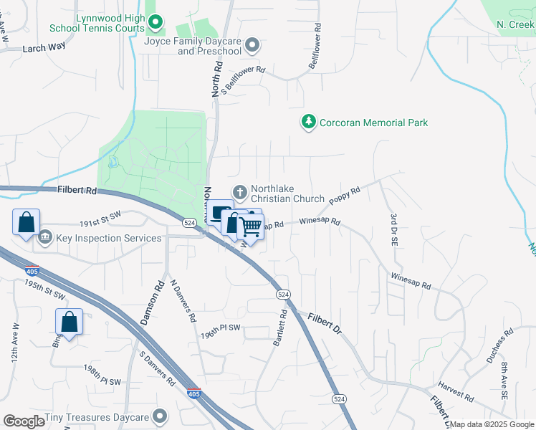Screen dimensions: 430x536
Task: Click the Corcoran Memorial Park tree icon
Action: (x=308, y=123)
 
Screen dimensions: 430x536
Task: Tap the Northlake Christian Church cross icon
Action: (x=240, y=193)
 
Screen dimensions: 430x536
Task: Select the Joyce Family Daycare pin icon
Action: (x=252, y=46)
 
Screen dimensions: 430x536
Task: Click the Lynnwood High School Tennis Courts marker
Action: (x=155, y=23)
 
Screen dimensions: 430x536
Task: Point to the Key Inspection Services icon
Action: (x=45, y=237)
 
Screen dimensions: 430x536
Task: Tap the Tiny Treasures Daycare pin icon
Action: (x=160, y=416)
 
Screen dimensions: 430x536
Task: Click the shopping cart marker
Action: (x=251, y=227)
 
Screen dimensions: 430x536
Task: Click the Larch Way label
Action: (x=44, y=47)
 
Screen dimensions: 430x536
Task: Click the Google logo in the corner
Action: (x=24, y=421)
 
